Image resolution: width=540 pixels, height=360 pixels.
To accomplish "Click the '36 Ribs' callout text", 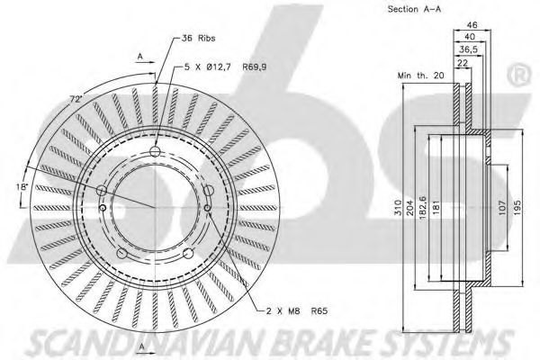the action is pyautogui.click(x=198, y=38).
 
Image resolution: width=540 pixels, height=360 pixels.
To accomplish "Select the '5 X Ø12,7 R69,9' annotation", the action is pyautogui.click(x=226, y=67).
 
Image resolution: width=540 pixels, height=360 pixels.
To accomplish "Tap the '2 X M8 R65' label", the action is pyautogui.click(x=297, y=311).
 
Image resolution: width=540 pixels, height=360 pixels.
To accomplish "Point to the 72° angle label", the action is pyautogui.click(x=76, y=100).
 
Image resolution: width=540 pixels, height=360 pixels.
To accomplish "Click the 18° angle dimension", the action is pyautogui.click(x=22, y=187).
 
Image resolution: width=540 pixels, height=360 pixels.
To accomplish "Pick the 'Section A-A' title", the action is pyautogui.click(x=414, y=9).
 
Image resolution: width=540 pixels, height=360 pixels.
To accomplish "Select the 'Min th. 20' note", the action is pyautogui.click(x=421, y=75).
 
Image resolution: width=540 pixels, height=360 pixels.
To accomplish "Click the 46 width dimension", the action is pyautogui.click(x=472, y=25).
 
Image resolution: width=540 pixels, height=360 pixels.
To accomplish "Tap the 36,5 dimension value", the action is pyautogui.click(x=469, y=49).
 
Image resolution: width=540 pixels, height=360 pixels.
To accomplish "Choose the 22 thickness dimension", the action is pyautogui.click(x=463, y=63).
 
